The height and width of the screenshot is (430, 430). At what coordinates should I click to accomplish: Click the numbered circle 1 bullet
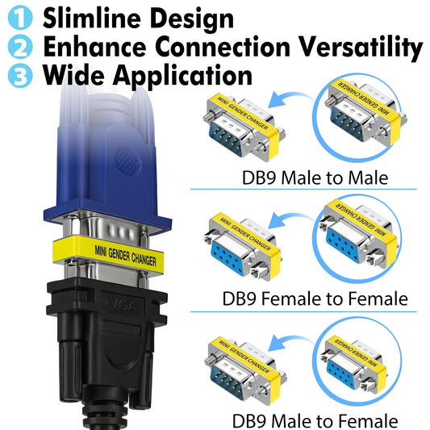point(20,17)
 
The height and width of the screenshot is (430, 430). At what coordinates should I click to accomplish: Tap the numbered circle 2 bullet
point(20,46)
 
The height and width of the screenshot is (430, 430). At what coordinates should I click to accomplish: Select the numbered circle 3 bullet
point(20,75)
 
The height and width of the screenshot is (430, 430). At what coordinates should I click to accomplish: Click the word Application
point(182,76)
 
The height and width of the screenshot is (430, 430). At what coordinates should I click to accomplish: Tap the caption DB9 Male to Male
point(315,177)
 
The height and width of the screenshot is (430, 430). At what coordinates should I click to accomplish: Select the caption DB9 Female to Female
point(315,298)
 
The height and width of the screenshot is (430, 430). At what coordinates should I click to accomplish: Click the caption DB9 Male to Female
point(315,420)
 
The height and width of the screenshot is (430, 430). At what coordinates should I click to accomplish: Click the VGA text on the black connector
point(123,304)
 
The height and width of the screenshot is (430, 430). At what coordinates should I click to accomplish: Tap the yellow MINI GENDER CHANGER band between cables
point(108,254)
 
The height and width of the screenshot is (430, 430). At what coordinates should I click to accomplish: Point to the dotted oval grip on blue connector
point(128,162)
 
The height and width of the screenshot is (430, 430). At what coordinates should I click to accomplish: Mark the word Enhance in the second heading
point(94,47)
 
